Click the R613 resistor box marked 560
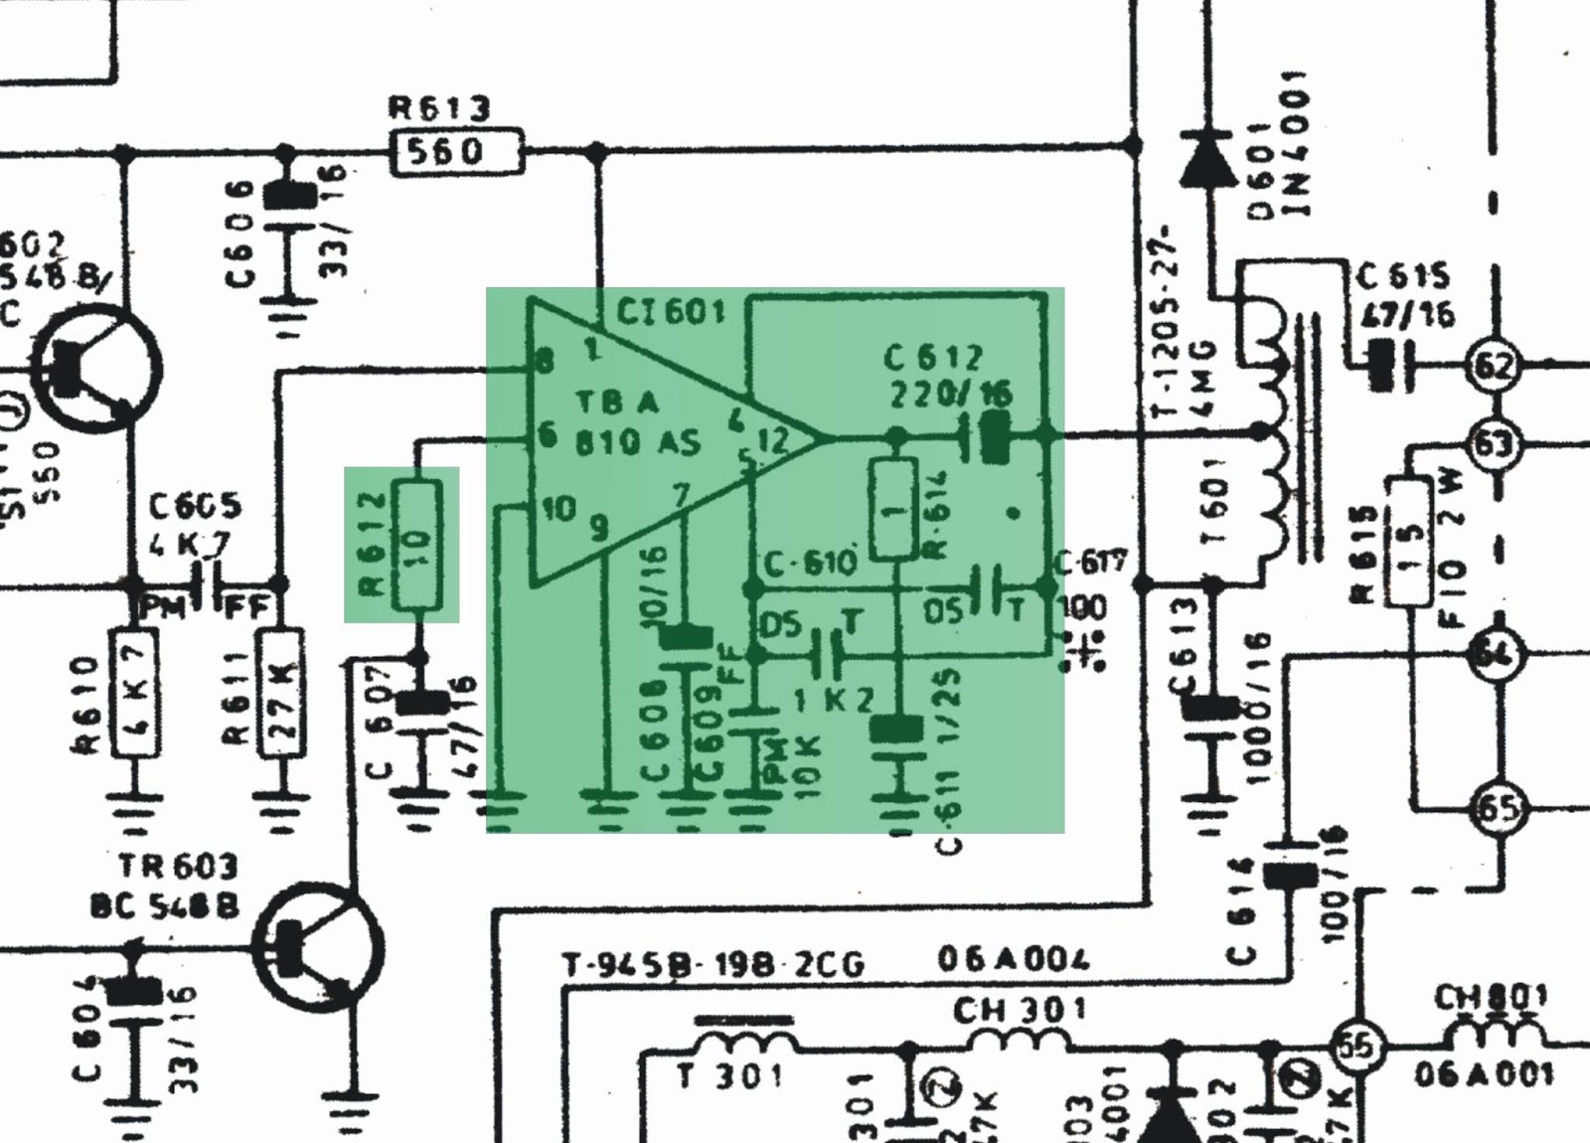pyautogui.click(x=456, y=152)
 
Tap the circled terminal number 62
pyautogui.click(x=1494, y=367)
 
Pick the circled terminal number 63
pyautogui.click(x=1494, y=443)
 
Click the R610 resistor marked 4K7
pyautogui.click(x=136, y=693)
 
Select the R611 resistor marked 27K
pyautogui.click(x=281, y=693)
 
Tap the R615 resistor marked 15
pyautogui.click(x=1411, y=542)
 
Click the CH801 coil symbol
pyautogui.click(x=1490, y=1034)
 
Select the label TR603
pyautogui.click(x=178, y=867)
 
